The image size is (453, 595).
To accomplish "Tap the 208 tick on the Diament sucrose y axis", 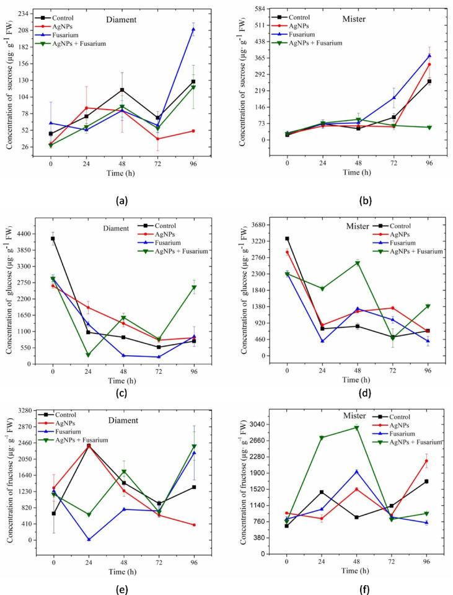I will pyautogui.click(x=24, y=30).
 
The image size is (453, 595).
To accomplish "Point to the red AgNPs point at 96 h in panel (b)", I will pyautogui.click(x=429, y=64).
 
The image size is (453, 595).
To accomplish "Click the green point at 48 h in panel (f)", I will pyautogui.click(x=358, y=428).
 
